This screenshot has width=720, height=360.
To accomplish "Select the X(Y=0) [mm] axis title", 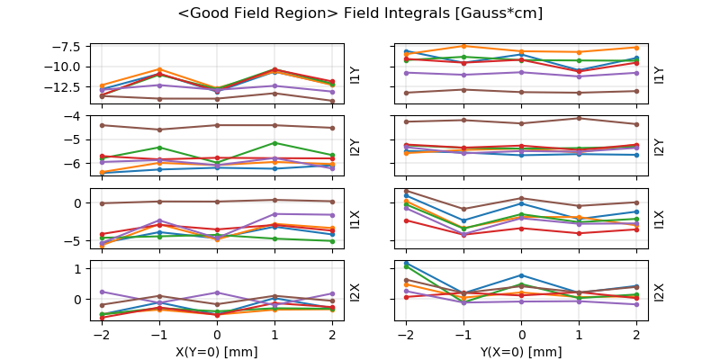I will point(217,351).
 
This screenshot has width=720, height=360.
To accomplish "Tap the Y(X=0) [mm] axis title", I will point(522,351).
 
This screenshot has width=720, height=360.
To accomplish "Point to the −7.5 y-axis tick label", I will point(68,46).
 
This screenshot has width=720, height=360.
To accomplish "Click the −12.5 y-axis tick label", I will point(66,87).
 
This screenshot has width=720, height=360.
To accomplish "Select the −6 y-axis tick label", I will point(76,164).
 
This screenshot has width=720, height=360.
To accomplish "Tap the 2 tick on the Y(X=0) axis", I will point(637,335).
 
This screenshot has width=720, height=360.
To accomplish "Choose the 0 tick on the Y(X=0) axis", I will point(522,335).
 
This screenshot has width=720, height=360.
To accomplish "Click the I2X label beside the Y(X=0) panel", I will point(660,291).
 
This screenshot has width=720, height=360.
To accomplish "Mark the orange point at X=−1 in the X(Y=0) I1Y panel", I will point(159,69).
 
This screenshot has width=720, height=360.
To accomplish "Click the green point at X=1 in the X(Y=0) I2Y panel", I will point(274,143).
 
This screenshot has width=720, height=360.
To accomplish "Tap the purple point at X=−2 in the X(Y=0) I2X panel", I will point(102,292).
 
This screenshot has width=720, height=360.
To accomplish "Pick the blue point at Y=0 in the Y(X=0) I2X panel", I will point(522,275).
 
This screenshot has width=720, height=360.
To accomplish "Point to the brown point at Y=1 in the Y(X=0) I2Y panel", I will point(580,118).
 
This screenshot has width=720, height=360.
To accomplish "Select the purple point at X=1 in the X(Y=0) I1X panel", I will point(274,214).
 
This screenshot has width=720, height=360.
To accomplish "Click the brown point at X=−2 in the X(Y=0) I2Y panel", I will point(102,125).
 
